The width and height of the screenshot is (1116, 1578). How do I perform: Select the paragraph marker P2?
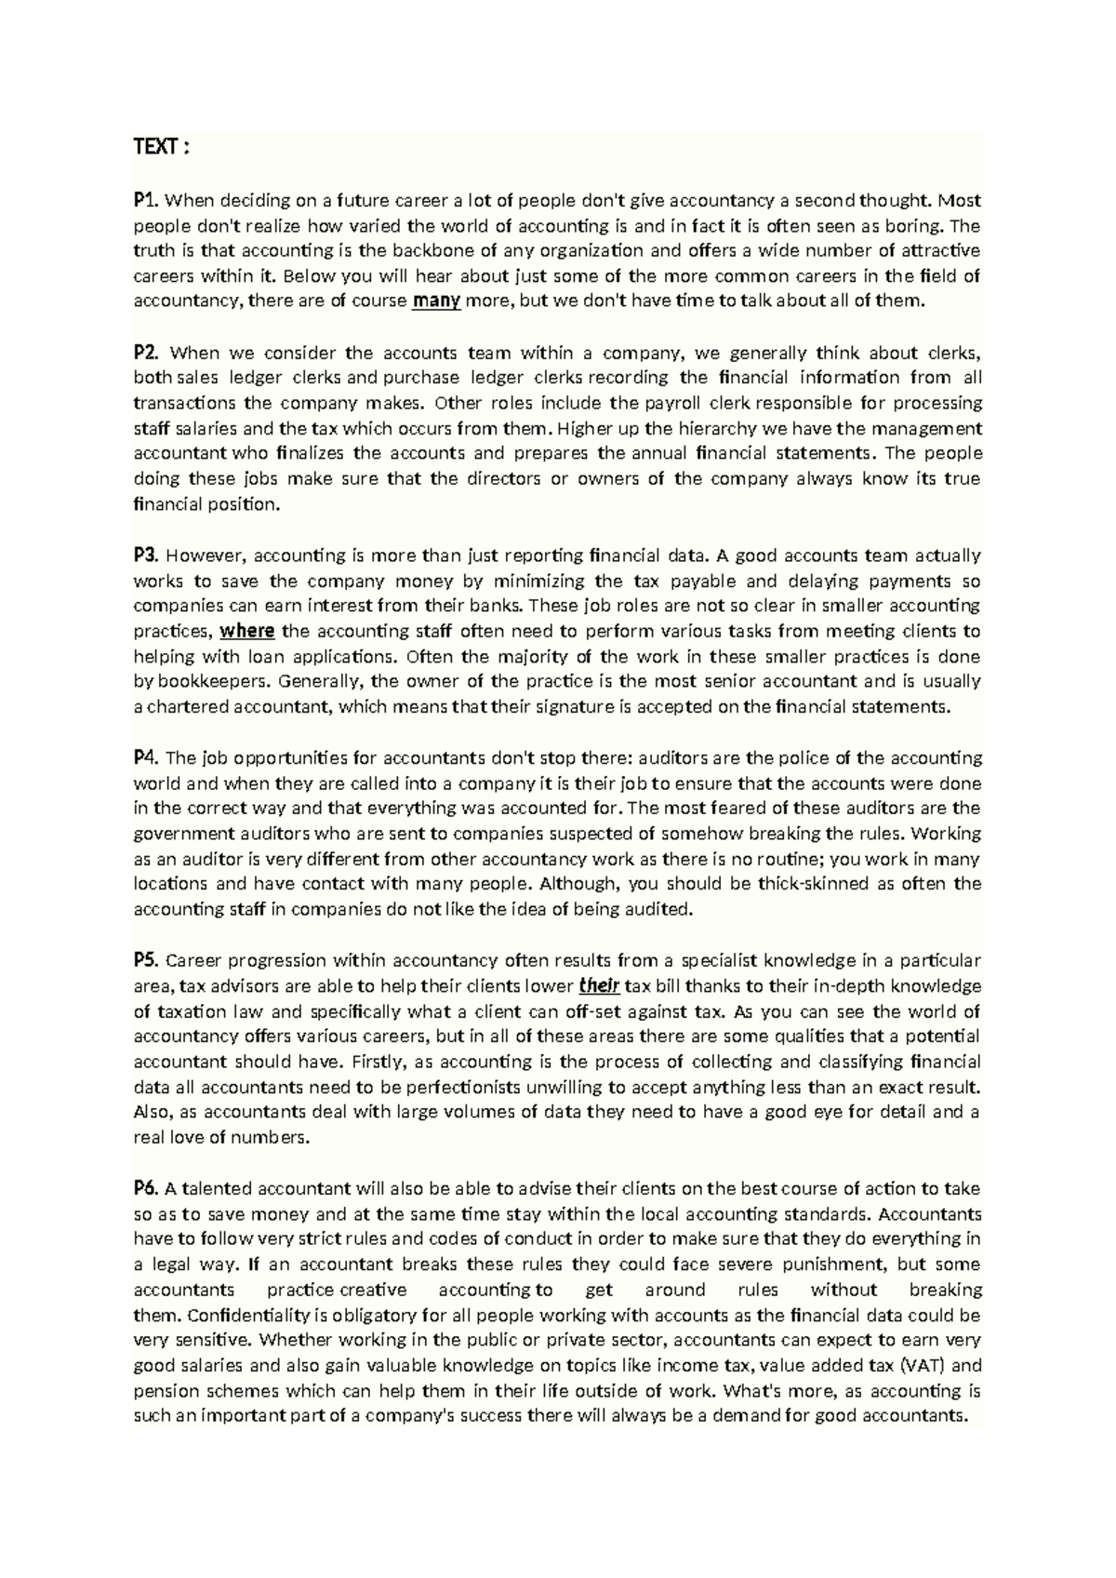[147, 352]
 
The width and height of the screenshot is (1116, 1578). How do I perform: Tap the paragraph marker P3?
[147, 555]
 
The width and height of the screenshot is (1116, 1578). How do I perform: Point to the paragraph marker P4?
[147, 757]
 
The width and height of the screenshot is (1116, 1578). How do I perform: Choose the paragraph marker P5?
[147, 960]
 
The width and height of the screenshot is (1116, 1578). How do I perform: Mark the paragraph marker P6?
[147, 1188]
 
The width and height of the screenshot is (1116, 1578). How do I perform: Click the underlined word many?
[436, 301]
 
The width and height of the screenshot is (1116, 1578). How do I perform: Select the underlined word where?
[246, 631]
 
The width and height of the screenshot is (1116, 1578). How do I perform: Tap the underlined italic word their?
[599, 986]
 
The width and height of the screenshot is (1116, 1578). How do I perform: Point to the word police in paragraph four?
[807, 757]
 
